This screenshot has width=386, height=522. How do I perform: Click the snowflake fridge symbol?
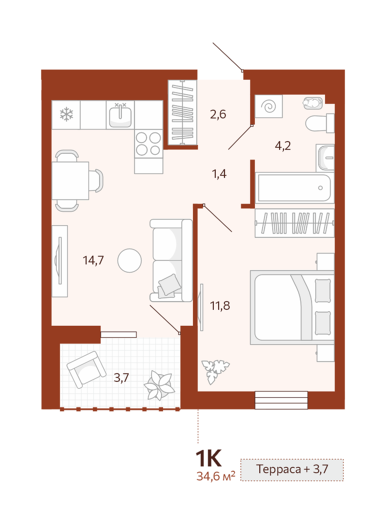(x=66, y=114)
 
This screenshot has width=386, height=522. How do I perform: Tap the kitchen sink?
(x=120, y=115)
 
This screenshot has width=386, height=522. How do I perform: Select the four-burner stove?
(x=148, y=144)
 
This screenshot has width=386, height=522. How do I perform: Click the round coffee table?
(x=130, y=261)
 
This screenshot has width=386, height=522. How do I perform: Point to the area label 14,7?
(x=93, y=261)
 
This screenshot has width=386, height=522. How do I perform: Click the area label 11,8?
(x=220, y=305)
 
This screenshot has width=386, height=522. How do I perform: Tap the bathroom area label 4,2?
(x=283, y=145)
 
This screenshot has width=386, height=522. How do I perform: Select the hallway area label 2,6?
(x=218, y=114)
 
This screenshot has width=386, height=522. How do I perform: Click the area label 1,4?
(x=219, y=174)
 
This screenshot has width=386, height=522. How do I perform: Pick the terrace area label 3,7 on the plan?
(x=121, y=378)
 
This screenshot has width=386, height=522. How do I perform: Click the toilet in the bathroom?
(x=320, y=124)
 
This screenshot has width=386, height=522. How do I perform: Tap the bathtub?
(x=295, y=188)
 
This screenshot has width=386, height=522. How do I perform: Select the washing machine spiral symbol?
(x=269, y=106)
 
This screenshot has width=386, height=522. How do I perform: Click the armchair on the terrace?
(x=86, y=369)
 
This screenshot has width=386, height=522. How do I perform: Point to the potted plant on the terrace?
(x=160, y=385)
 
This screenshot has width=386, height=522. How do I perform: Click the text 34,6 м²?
(x=216, y=477)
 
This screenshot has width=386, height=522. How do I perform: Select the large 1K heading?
(x=208, y=458)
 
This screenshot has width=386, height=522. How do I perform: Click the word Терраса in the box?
(x=279, y=469)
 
